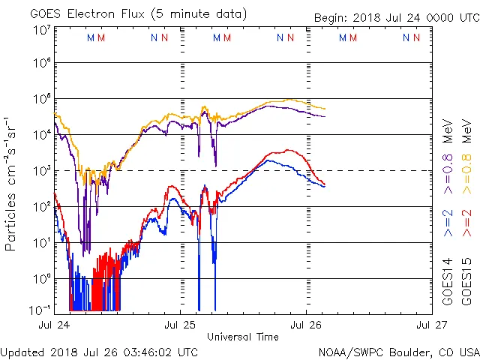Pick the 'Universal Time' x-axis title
pyautogui.click(x=243, y=337)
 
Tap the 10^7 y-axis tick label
pyautogui.click(x=41, y=30)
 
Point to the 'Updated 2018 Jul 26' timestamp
pyautogui.click(x=100, y=352)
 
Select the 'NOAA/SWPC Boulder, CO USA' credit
pyautogui.click(x=398, y=352)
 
